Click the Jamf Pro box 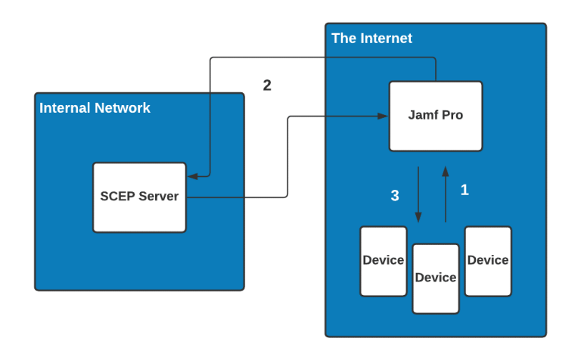436,116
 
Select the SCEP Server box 139,197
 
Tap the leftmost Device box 383,261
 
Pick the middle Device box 436,278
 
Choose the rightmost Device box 488,261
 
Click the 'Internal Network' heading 95,108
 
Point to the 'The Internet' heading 371,39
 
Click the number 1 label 464,191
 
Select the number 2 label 267,85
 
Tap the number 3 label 394,196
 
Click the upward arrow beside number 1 446,193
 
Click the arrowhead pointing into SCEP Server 192,176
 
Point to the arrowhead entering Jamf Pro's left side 383,116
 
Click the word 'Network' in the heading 122,108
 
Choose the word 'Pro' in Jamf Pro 452,116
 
